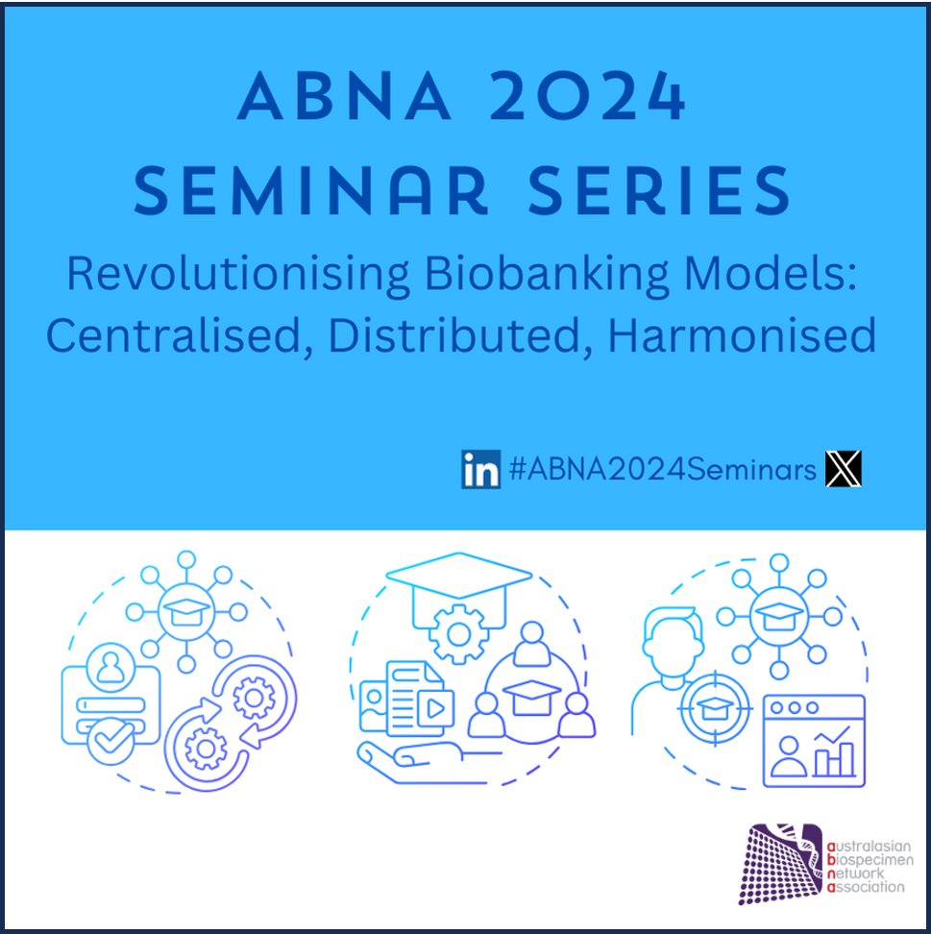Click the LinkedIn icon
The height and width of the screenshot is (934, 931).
click(x=480, y=469)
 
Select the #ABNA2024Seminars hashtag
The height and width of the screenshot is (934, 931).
click(x=663, y=470)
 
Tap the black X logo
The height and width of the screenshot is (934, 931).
click(x=844, y=469)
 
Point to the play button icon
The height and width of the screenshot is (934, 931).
click(x=435, y=710)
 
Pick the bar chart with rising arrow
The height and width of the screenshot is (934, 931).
click(x=834, y=754)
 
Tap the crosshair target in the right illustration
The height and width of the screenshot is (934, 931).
click(x=714, y=709)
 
